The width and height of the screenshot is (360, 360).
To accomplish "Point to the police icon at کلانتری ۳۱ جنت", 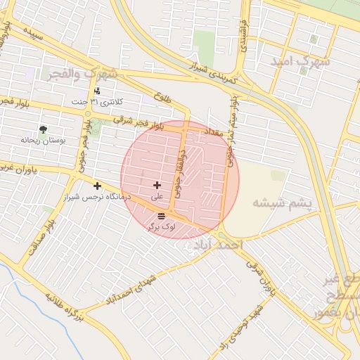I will [97, 91].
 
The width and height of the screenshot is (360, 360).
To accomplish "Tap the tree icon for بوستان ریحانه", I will [44, 129].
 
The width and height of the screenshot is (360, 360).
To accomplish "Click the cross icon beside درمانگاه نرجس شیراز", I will [97, 186].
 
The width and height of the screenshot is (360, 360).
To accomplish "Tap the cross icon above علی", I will [156, 185].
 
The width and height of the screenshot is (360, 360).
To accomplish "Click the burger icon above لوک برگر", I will [162, 215].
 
